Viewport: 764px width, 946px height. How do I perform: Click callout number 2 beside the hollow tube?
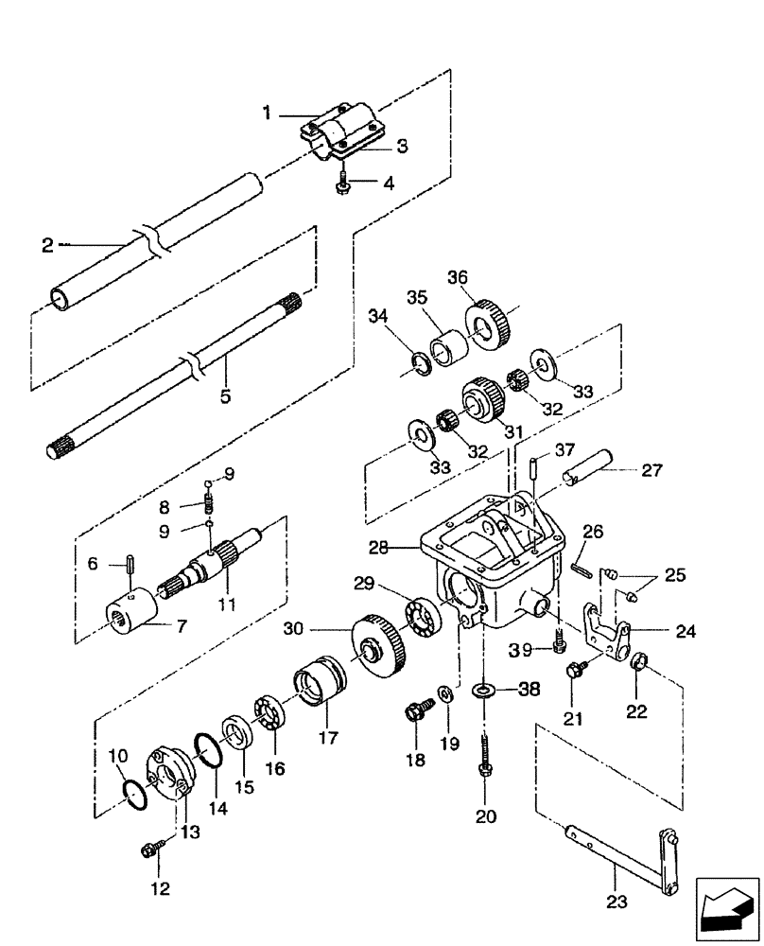click(47, 244)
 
